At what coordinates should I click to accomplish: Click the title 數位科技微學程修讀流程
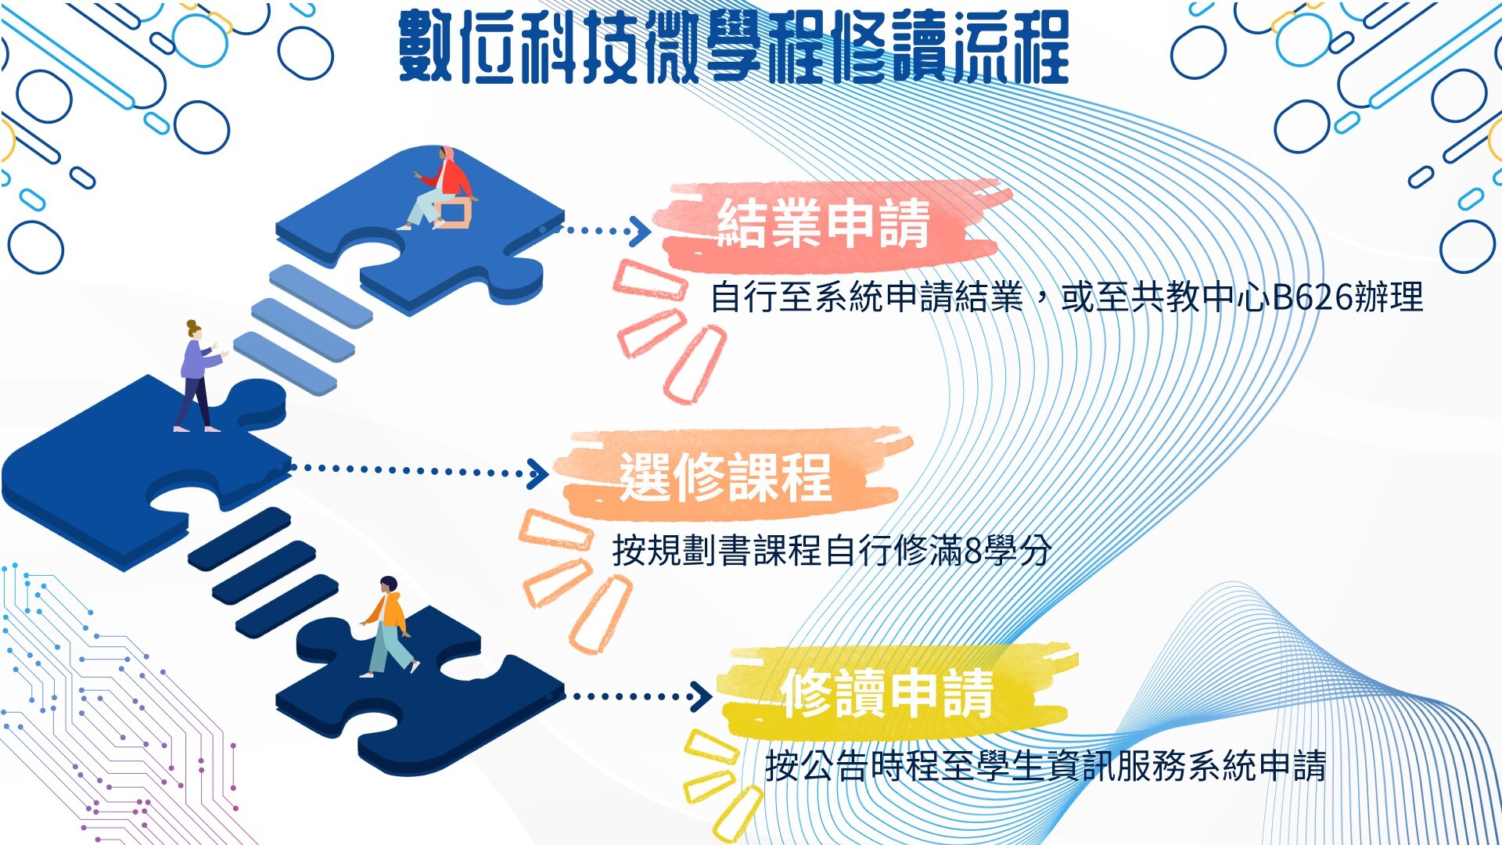(x=734, y=47)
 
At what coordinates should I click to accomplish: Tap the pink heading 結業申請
(x=824, y=224)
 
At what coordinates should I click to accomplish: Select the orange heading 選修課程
(x=725, y=476)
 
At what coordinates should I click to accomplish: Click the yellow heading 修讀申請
(x=888, y=692)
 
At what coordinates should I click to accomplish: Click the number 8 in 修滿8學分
(x=973, y=551)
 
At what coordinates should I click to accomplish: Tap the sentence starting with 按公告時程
(x=1046, y=765)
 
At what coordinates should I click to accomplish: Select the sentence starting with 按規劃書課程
(x=832, y=550)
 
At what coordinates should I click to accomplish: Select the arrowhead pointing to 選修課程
(x=538, y=473)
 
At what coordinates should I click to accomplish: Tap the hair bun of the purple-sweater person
(x=191, y=324)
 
